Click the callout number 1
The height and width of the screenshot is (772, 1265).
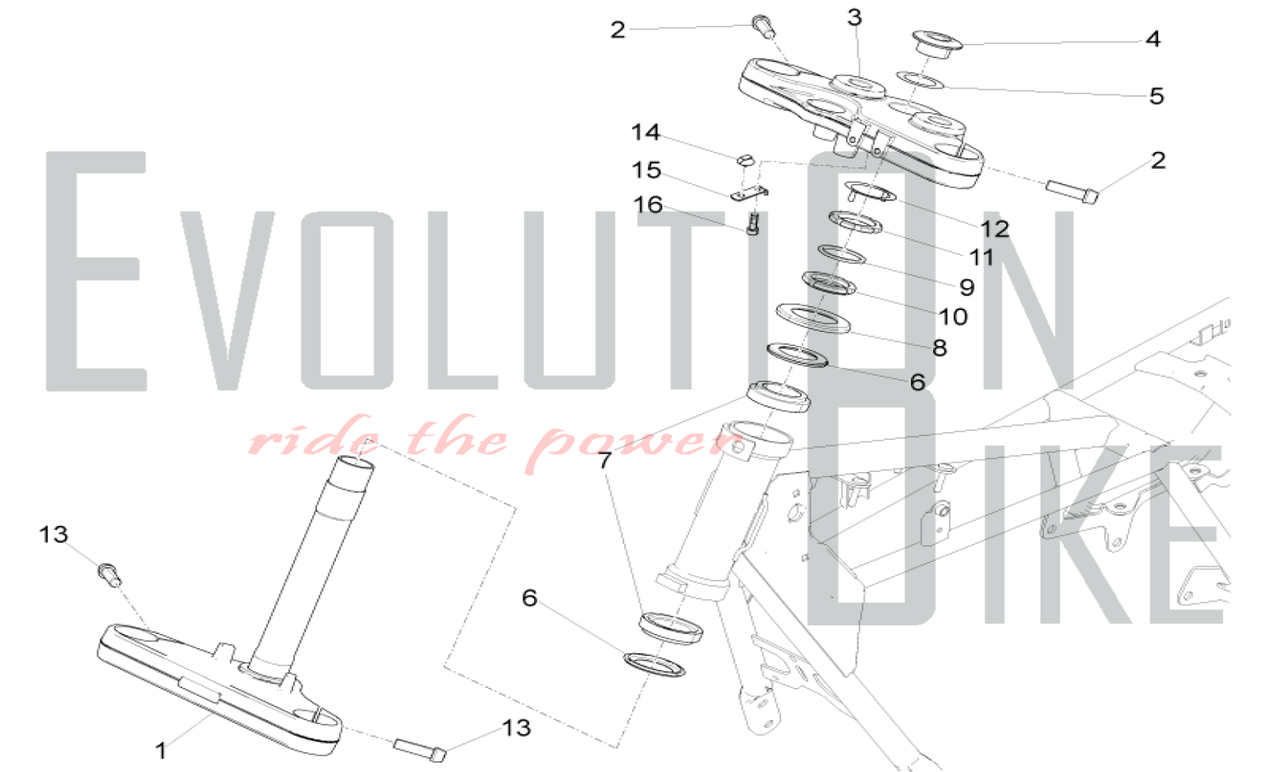click(161, 750)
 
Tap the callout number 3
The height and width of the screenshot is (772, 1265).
click(855, 18)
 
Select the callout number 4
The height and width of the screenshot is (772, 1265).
click(1153, 39)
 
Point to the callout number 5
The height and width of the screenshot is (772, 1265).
click(1156, 96)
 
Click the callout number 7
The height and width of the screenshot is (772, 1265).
click(605, 460)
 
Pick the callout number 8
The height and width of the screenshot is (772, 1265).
click(940, 347)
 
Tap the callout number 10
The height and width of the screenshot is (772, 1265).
click(953, 316)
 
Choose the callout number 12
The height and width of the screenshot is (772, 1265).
click(995, 228)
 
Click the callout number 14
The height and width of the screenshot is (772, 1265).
click(646, 132)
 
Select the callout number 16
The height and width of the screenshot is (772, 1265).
click(648, 204)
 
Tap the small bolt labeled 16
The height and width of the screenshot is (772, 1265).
click(753, 223)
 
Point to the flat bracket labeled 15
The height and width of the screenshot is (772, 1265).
click(750, 194)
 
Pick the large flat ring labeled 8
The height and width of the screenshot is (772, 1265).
click(813, 318)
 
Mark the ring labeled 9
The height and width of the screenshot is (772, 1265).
click(842, 254)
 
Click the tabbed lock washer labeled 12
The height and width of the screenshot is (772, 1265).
click(871, 192)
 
